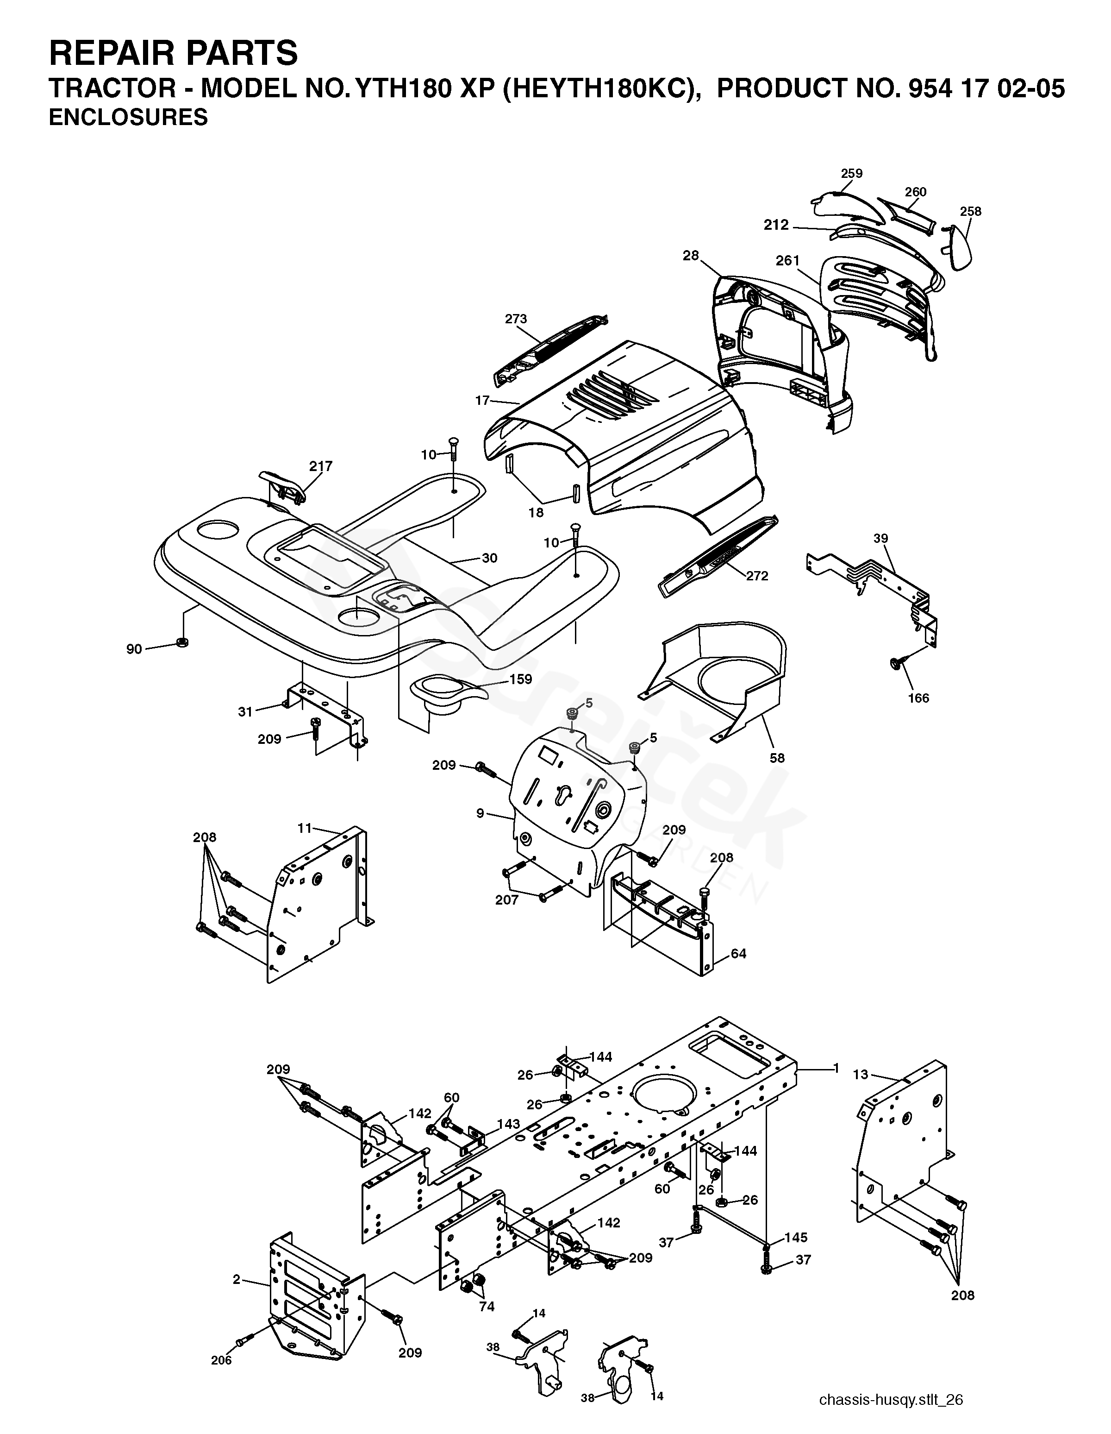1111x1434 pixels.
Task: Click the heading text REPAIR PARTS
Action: [173, 53]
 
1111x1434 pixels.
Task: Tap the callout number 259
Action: [852, 173]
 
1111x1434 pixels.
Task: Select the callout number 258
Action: [971, 211]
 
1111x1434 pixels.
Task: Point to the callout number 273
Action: [516, 319]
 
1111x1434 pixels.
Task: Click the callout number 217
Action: [321, 466]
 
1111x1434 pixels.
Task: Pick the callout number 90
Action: [134, 649]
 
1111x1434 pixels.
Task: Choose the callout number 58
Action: [777, 758]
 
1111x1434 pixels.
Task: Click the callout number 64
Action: [738, 953]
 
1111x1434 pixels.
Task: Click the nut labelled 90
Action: [182, 642]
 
